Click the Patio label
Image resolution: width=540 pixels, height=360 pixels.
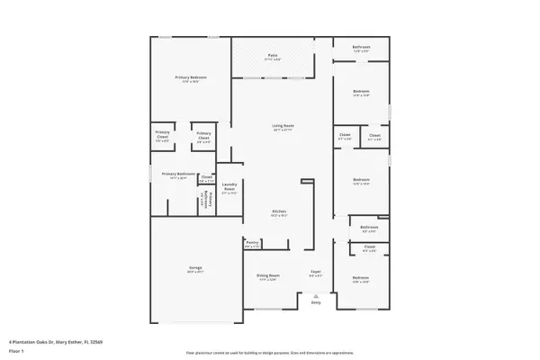(273, 57)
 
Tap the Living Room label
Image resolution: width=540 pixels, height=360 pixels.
(283, 127)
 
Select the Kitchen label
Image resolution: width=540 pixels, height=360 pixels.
(279, 212)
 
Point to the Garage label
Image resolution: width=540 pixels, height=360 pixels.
(194, 268)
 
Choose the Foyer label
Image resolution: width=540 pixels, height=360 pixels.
(316, 272)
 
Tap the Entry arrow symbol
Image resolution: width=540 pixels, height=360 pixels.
(316, 295)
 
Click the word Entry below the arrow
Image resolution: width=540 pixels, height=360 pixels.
(316, 302)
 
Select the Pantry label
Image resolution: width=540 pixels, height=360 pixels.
(252, 243)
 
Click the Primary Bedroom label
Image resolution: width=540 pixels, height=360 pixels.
(191, 78)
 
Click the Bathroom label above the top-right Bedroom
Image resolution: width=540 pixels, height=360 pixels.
(362, 48)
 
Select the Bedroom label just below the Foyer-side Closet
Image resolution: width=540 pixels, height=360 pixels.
(361, 278)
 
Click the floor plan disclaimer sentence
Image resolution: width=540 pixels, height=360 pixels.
(270, 353)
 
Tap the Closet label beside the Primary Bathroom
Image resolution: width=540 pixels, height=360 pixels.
(206, 178)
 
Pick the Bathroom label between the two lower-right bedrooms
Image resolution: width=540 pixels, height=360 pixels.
(369, 229)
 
